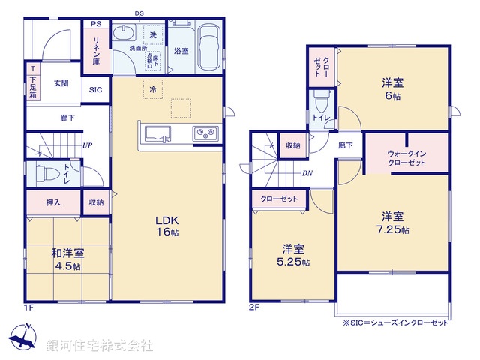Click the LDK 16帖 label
pyautogui.click(x=166, y=226)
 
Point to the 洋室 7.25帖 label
pyautogui.click(x=393, y=223)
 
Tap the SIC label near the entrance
pyautogui.click(x=95, y=90)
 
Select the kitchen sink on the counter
pyautogui.click(x=158, y=136)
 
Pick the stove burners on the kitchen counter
pyautogui.click(x=205, y=135)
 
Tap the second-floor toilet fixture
pyautogui.click(x=322, y=99)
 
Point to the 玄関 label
pyautogui.click(x=61, y=83)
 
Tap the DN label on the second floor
pyautogui.click(x=307, y=173)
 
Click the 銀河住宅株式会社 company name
pyautogui.click(x=100, y=346)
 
